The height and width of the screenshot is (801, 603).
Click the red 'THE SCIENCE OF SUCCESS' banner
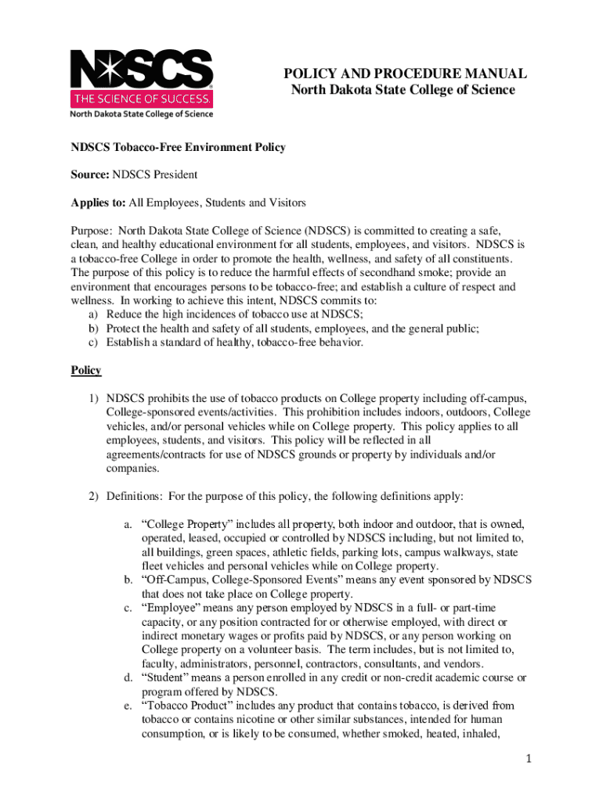(142, 99)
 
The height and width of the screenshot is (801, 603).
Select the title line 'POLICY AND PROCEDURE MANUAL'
(404, 74)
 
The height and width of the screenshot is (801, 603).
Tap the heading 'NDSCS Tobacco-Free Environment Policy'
(179, 147)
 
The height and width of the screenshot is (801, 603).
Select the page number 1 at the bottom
(529, 759)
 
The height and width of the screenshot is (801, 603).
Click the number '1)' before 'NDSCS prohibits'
(93, 398)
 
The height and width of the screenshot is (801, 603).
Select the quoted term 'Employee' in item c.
(172, 608)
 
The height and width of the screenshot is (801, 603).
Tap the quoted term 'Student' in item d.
(167, 677)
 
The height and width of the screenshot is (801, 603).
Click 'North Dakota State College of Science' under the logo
(142, 114)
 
